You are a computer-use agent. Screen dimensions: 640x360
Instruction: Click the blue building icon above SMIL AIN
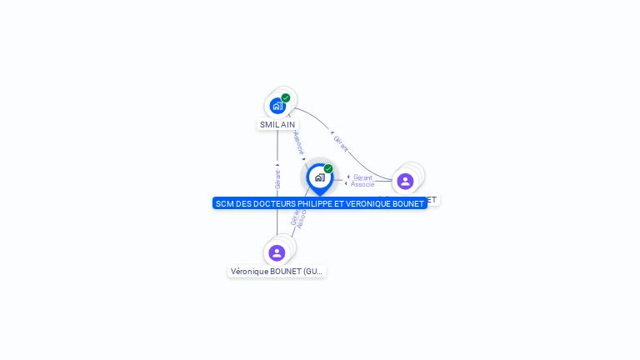point(277,106)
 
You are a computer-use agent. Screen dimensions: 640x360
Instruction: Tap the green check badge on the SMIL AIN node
point(286,97)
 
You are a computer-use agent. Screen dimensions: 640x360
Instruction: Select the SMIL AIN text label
point(277,125)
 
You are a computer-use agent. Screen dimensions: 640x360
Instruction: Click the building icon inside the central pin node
point(319,177)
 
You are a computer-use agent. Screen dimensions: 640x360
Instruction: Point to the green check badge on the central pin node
point(328,168)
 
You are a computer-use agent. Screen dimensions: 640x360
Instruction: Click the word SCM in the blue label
point(224,203)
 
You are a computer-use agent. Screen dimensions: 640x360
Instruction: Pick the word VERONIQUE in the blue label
point(370,203)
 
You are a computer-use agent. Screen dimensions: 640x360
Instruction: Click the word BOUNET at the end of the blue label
point(410,203)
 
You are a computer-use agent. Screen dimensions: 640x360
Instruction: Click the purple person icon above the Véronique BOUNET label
point(277,252)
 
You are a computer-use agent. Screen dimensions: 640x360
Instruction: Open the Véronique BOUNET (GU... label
point(277,272)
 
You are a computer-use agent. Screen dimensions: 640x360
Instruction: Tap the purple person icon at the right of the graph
point(405,181)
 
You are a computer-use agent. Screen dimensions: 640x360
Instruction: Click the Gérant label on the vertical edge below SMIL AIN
point(277,178)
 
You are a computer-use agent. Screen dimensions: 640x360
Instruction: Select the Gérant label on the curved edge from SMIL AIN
point(340,143)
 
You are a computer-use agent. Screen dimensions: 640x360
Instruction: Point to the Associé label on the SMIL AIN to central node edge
point(298,142)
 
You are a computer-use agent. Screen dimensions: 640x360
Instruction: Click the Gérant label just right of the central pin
point(362,177)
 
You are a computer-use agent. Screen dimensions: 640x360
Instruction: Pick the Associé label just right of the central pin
point(362,184)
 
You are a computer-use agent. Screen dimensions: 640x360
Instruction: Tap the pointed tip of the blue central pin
point(319,196)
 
